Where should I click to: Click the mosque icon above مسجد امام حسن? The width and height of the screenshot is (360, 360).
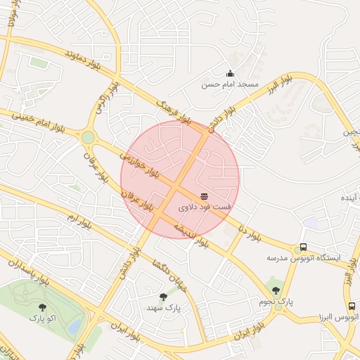[230, 73]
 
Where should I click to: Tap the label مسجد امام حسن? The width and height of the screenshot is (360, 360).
[230, 84]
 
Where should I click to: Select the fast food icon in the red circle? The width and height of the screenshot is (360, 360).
[204, 195]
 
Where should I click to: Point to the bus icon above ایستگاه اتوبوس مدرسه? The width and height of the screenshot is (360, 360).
[303, 247]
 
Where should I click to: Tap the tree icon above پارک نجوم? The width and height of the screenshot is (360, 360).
[274, 290]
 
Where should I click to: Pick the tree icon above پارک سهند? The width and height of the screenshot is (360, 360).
[164, 297]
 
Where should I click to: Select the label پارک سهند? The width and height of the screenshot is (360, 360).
[164, 308]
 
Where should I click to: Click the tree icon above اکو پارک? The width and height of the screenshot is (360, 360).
[42, 307]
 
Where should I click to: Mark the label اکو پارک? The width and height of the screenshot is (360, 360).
[43, 318]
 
